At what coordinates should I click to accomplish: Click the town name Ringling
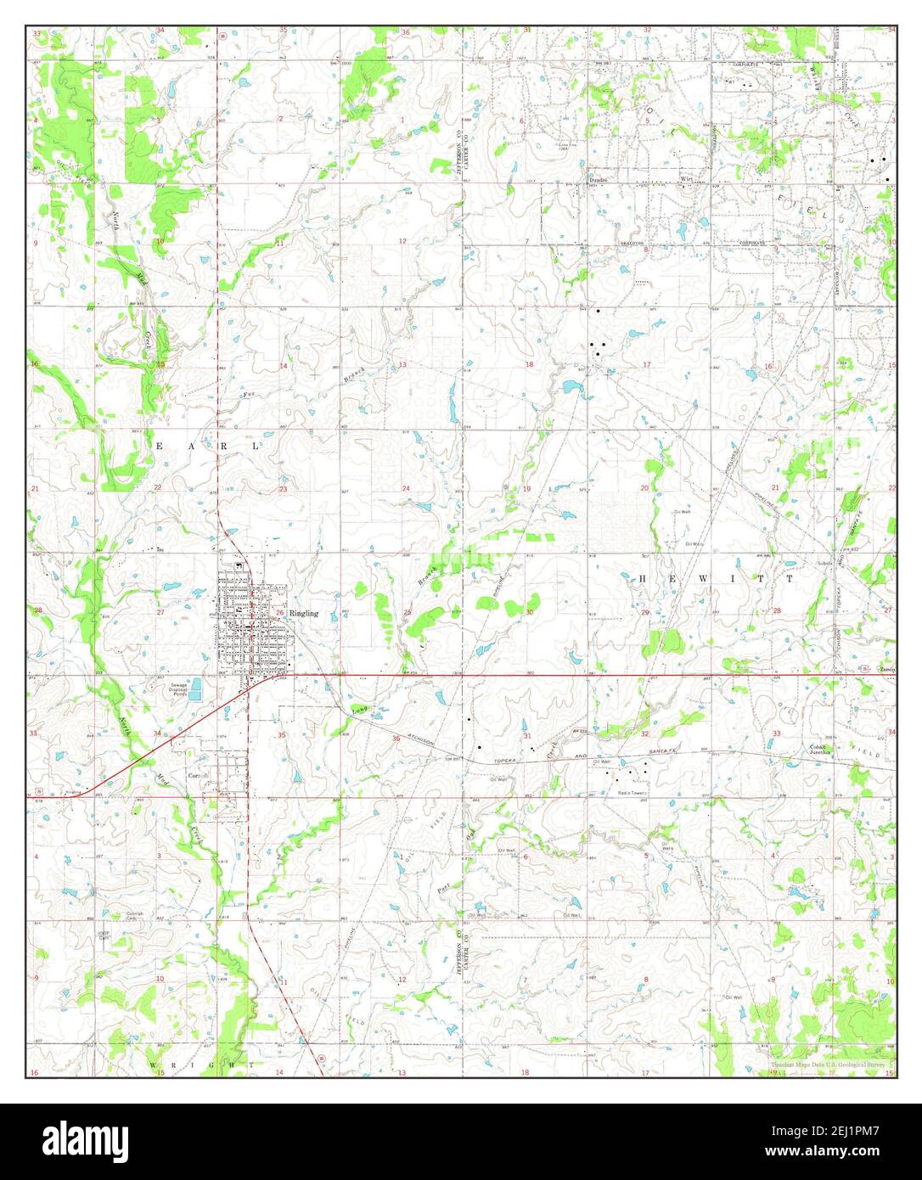(304, 613)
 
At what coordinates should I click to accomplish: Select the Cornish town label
(198, 775)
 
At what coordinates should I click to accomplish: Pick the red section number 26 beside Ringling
(279, 612)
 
